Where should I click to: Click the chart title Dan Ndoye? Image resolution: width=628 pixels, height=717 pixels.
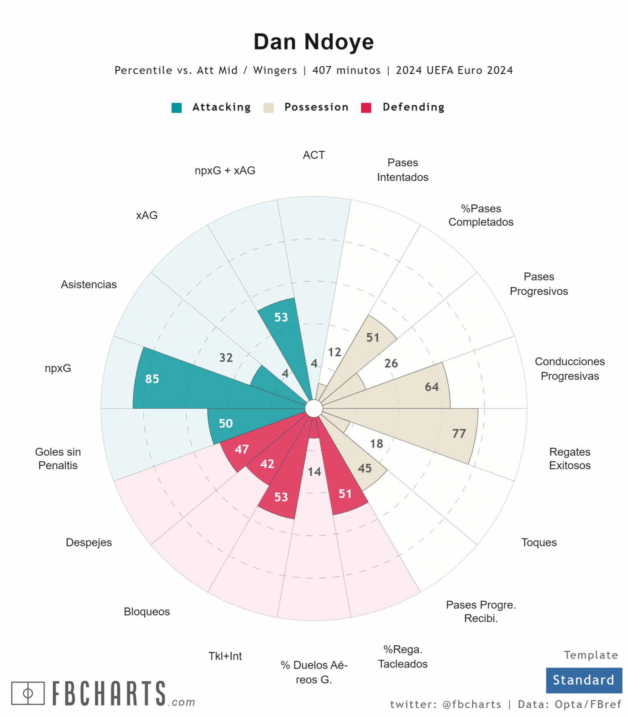pyautogui.click(x=313, y=42)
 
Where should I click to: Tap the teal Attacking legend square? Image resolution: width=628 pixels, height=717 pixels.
pyautogui.click(x=177, y=108)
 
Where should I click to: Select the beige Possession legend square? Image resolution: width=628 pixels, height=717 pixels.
pyautogui.click(x=268, y=108)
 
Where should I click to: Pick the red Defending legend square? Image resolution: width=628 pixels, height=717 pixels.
pyautogui.click(x=366, y=108)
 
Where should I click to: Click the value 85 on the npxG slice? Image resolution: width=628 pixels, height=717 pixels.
pyautogui.click(x=152, y=379)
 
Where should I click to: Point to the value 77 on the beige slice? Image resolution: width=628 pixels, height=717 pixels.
pyautogui.click(x=459, y=433)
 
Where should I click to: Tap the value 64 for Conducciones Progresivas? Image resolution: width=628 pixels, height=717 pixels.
pyautogui.click(x=431, y=387)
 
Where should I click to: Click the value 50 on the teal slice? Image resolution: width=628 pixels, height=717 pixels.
pyautogui.click(x=226, y=423)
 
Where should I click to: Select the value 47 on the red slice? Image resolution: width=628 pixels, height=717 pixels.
pyautogui.click(x=242, y=449)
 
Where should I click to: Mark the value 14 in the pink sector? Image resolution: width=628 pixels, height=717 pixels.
pyautogui.click(x=314, y=472)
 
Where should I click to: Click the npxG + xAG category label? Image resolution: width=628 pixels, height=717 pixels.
pyautogui.click(x=225, y=171)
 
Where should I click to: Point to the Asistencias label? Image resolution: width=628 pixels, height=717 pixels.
pyautogui.click(x=89, y=285)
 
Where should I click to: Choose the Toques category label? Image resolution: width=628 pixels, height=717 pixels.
pyautogui.click(x=539, y=542)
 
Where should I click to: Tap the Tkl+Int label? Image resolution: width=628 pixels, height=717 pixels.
pyautogui.click(x=225, y=656)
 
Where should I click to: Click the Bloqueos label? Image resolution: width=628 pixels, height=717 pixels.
pyautogui.click(x=146, y=612)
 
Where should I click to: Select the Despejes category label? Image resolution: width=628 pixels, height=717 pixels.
pyautogui.click(x=89, y=542)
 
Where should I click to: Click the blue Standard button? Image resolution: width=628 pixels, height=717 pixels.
pyautogui.click(x=584, y=680)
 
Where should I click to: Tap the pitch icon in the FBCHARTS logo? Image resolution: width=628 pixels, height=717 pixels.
pyautogui.click(x=28, y=693)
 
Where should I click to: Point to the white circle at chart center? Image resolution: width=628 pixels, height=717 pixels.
pyautogui.click(x=314, y=409)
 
